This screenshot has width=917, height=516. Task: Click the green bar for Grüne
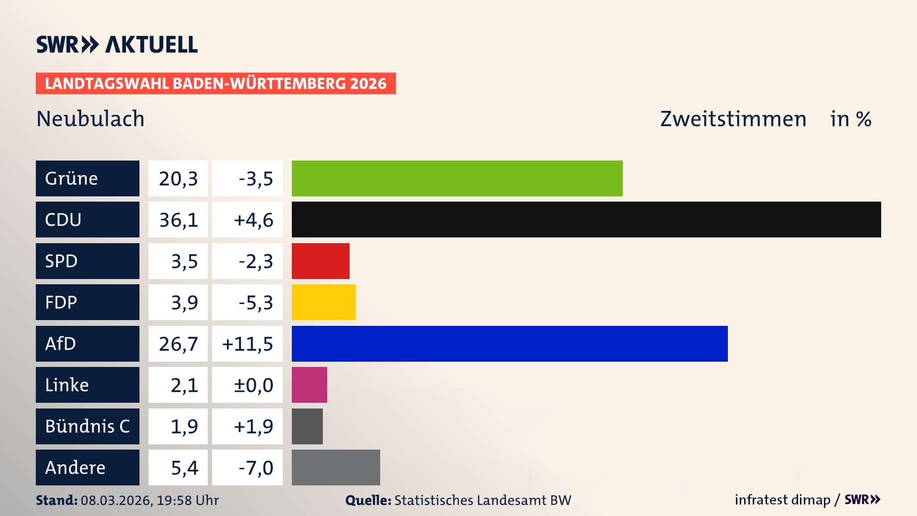click(x=457, y=178)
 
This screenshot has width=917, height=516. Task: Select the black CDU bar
click(x=586, y=220)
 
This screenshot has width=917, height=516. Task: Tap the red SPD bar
click(x=320, y=261)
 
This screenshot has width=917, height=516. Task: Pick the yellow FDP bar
click(x=323, y=302)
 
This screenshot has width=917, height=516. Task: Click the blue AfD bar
click(x=510, y=344)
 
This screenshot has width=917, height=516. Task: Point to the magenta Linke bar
click(x=309, y=385)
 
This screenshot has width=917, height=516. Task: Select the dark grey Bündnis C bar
click(x=307, y=426)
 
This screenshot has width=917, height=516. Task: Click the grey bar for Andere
click(x=336, y=467)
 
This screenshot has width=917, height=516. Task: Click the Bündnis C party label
click(x=87, y=426)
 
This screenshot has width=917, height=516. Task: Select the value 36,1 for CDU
click(x=178, y=220)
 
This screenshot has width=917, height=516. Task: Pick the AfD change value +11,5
click(x=247, y=344)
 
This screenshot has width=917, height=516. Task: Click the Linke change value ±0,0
click(x=253, y=385)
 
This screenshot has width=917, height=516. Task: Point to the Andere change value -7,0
click(x=256, y=467)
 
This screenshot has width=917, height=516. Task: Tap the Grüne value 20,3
click(x=178, y=178)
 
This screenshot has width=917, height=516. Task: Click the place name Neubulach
click(x=90, y=118)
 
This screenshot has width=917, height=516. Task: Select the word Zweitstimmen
click(x=733, y=118)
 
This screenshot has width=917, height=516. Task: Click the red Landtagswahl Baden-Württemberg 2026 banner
click(x=215, y=83)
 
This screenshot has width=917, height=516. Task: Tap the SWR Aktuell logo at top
click(x=117, y=44)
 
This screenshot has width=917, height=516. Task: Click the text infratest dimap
click(x=782, y=500)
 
